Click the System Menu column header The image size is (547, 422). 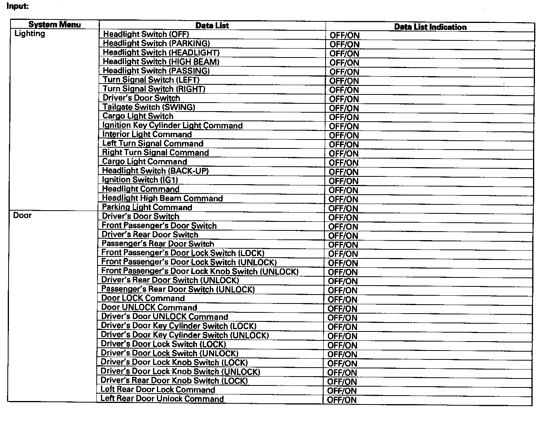pos(54,25)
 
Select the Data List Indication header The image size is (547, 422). pos(430,27)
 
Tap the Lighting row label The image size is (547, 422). pos(30,34)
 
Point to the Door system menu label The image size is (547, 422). pos(22,215)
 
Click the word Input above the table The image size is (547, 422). pos(17,6)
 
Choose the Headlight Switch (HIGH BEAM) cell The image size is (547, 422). pos(161,62)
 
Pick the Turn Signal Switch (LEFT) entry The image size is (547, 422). pos(151,80)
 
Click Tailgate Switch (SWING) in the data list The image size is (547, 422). pos(149,107)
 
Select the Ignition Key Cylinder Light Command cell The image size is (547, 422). pos(172,126)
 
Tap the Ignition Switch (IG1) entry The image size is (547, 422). pos(140,180)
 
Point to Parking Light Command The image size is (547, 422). pos(147,208)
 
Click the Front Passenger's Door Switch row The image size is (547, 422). pos(159,226)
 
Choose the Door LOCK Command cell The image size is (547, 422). pos(143,298)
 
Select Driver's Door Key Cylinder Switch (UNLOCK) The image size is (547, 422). pos(185,335)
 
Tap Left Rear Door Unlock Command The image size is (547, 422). pos(162,399)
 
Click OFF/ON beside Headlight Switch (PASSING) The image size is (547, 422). pos(344,72)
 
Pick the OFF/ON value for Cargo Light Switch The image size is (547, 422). pos(344,117)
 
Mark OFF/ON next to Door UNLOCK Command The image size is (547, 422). pos(342,309)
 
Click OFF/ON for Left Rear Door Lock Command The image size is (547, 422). pos(342,391)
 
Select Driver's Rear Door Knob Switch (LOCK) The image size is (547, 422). pos(174,381)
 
